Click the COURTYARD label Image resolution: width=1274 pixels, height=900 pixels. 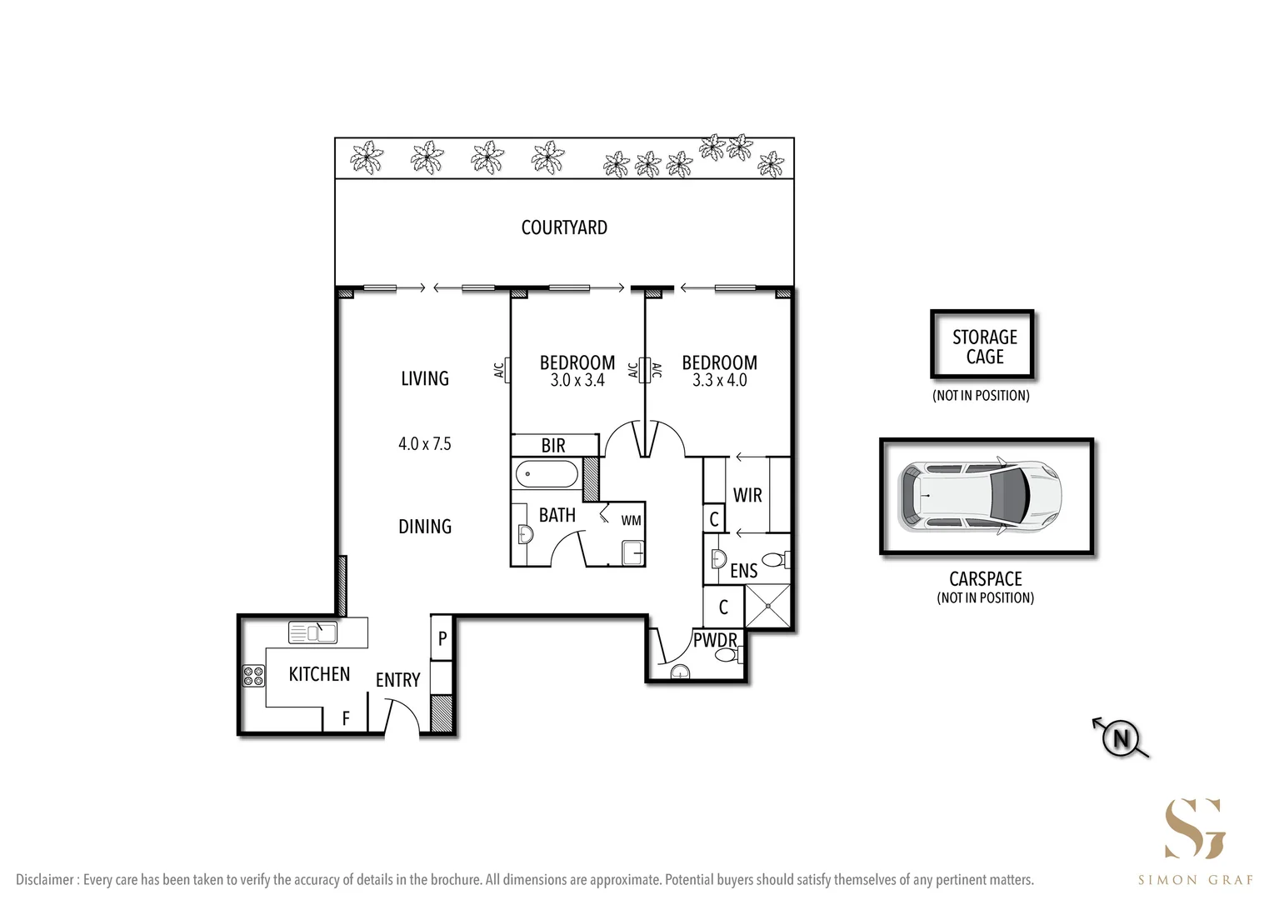(x=564, y=227)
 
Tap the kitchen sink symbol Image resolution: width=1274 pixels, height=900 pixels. (x=312, y=632)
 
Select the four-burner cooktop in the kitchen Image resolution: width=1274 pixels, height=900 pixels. (x=253, y=676)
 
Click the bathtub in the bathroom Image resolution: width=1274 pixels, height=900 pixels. (x=547, y=476)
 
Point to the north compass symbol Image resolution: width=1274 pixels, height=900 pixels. (x=1122, y=738)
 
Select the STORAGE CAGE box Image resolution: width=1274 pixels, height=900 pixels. (x=983, y=346)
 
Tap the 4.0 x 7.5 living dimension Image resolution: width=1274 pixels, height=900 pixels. (x=425, y=444)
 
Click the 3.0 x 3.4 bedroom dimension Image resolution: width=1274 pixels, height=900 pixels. (x=577, y=381)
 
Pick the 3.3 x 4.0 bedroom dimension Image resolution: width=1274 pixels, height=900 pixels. (x=719, y=381)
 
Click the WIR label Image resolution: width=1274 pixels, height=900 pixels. (x=747, y=495)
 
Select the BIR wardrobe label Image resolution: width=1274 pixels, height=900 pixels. (x=553, y=446)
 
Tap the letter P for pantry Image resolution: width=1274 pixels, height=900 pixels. (x=442, y=639)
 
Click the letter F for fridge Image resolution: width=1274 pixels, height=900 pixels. (x=346, y=718)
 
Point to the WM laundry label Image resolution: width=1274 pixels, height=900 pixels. (x=631, y=521)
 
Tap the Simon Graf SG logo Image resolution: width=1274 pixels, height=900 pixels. (x=1194, y=828)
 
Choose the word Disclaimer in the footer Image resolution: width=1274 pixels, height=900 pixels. (x=46, y=880)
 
